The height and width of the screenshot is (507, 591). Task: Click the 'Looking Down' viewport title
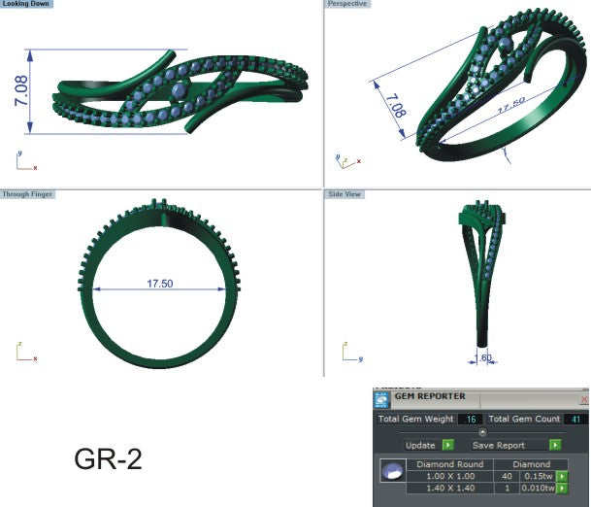point(27,5)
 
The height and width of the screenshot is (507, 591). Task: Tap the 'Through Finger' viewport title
point(28,194)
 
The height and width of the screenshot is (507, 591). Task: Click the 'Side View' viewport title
point(345,194)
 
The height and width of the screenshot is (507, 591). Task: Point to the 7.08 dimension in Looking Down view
point(20,92)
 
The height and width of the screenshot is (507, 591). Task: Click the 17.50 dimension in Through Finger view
point(159,285)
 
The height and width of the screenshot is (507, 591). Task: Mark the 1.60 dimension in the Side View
point(486,358)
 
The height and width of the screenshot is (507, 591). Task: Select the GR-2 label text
point(108,459)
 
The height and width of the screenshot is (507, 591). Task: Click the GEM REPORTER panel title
point(429,397)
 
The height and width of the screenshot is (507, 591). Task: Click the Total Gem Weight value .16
point(471,419)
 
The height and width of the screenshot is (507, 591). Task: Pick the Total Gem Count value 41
point(575,419)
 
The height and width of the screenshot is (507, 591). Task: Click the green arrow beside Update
point(447,445)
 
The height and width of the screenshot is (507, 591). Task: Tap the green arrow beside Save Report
point(555,445)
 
